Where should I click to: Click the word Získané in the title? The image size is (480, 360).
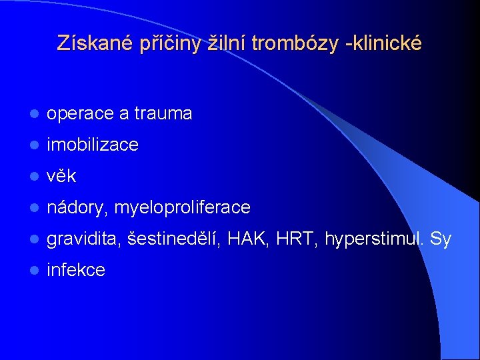click(x=96, y=43)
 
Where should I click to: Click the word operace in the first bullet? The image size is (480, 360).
click(x=80, y=114)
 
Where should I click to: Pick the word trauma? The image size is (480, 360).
click(x=163, y=114)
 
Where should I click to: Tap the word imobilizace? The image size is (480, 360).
click(x=92, y=145)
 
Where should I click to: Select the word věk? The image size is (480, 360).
click(x=61, y=176)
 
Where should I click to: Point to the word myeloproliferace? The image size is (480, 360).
click(x=182, y=208)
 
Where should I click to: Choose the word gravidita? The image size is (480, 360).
click(x=83, y=239)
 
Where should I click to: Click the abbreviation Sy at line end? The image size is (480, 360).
click(x=441, y=239)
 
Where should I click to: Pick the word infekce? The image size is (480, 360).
click(x=75, y=270)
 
